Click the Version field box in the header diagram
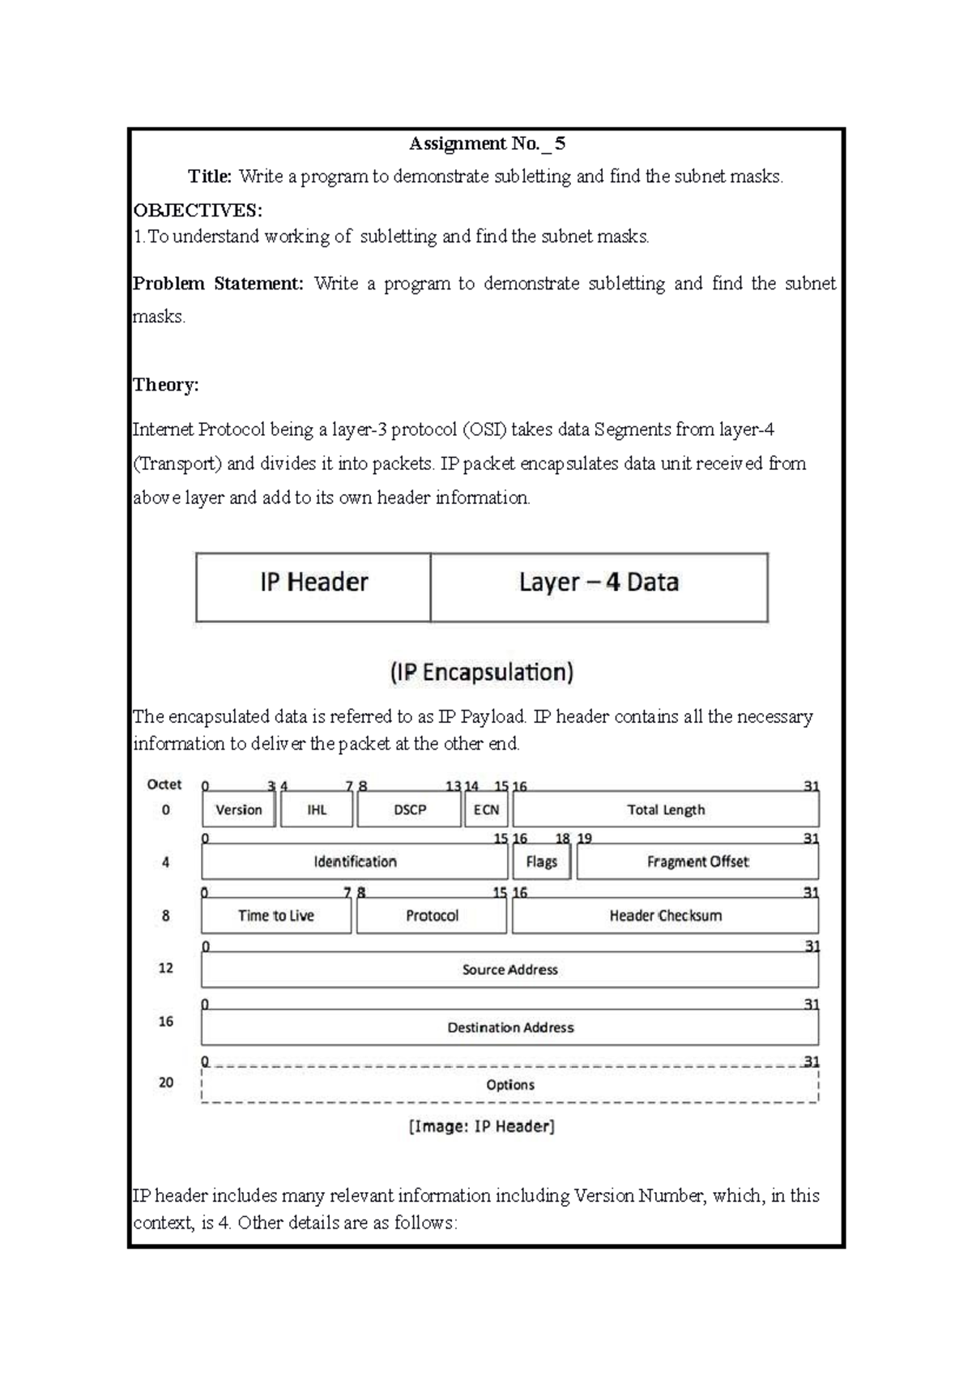[x=238, y=810]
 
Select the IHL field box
[x=317, y=810]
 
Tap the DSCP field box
[x=409, y=810]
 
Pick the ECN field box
[x=486, y=810]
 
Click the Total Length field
[x=666, y=810]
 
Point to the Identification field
[x=355, y=862]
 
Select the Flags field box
[x=541, y=862]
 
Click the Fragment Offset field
[x=697, y=862]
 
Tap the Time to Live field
[x=276, y=916]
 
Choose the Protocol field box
[x=432, y=916]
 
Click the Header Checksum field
[x=665, y=916]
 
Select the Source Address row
[x=509, y=969]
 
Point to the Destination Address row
[x=509, y=1028]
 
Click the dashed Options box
[x=509, y=1085]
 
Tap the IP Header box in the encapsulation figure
[x=313, y=588]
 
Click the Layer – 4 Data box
[x=599, y=588]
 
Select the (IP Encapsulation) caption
[x=482, y=673]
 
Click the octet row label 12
[x=166, y=968]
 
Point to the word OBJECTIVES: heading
[x=198, y=211]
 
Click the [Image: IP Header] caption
[x=482, y=1126]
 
